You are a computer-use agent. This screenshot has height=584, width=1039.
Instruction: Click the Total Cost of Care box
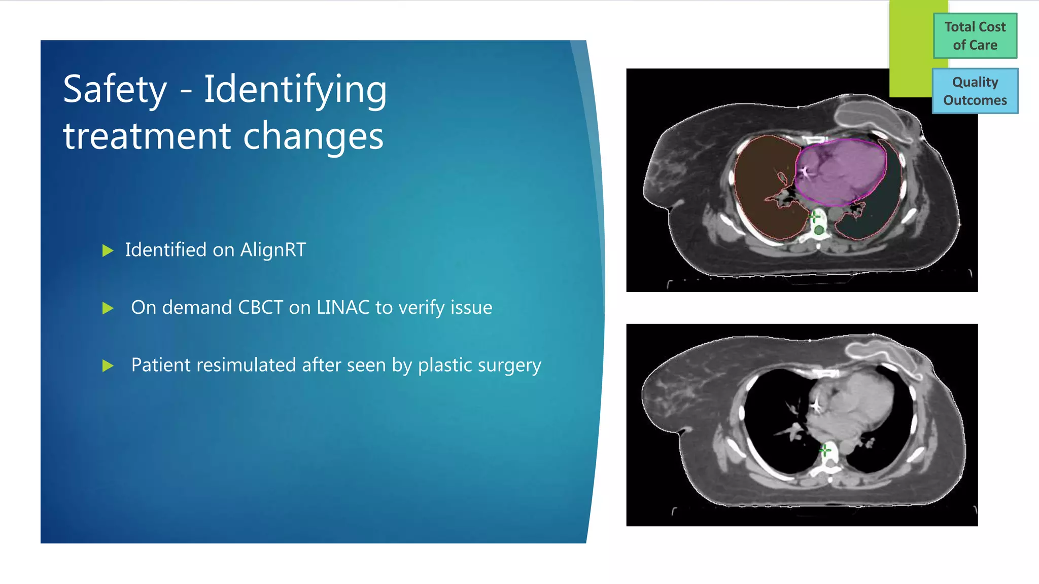tap(975, 36)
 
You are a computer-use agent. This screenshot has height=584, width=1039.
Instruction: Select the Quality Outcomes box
tap(975, 91)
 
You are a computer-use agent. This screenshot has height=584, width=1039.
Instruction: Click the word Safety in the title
tap(115, 90)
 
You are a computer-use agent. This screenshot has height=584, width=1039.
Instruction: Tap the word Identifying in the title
tap(295, 90)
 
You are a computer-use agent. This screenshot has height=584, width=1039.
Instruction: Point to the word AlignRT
tap(273, 250)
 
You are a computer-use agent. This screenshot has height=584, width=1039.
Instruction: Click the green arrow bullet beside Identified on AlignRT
tap(108, 250)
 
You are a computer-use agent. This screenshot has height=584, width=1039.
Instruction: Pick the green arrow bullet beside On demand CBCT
tap(108, 308)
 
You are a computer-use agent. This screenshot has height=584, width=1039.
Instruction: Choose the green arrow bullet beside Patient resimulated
tap(108, 366)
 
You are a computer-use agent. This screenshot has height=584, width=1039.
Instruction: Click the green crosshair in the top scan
tap(814, 217)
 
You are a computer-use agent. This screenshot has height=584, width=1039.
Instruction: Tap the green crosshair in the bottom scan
tap(825, 450)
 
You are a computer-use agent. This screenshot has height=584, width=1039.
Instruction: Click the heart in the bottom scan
tap(852, 406)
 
